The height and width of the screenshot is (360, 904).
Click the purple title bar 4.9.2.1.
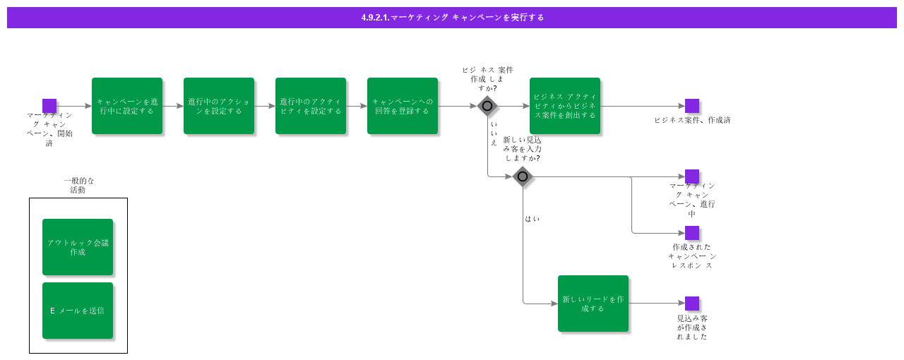click(x=452, y=18)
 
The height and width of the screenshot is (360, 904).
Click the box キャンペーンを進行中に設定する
click(x=127, y=106)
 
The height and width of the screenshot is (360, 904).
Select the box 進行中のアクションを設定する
click(x=219, y=106)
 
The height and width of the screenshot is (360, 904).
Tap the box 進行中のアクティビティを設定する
click(x=311, y=106)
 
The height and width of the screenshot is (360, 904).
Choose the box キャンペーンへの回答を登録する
click(x=403, y=106)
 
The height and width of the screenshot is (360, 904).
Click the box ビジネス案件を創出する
click(x=565, y=106)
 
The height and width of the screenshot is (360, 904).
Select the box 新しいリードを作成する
click(x=593, y=304)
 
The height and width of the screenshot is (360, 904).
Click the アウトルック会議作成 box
click(x=78, y=247)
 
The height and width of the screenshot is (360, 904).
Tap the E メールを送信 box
click(x=78, y=311)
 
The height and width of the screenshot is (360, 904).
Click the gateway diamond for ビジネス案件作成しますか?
click(x=487, y=106)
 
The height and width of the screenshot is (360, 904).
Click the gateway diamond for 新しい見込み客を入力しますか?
click(x=523, y=176)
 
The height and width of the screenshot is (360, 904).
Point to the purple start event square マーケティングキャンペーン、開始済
click(x=49, y=106)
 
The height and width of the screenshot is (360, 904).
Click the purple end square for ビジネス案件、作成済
click(x=692, y=106)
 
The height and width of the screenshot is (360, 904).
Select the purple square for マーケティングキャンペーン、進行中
click(x=692, y=176)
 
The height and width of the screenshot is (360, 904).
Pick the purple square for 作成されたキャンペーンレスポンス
click(x=692, y=233)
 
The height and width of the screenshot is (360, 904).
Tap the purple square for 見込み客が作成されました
click(x=692, y=304)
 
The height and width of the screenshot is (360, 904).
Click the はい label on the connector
click(x=532, y=219)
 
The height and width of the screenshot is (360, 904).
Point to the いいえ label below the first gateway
click(x=494, y=133)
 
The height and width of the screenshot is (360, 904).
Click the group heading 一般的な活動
click(x=78, y=185)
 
